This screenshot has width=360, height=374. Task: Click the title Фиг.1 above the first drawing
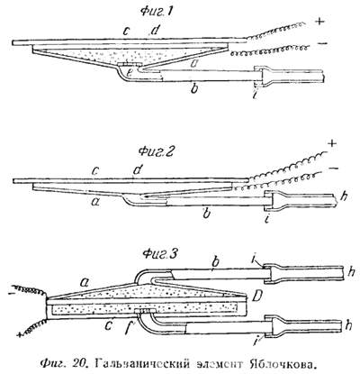tap(157, 13)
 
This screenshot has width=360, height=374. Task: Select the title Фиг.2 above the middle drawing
tap(156, 151)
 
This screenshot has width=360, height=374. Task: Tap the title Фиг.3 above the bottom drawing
tap(160, 254)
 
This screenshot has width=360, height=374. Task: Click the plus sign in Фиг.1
tap(320, 22)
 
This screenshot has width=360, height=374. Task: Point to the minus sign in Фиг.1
tap(321, 43)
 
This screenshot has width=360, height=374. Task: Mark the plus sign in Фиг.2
tap(331, 144)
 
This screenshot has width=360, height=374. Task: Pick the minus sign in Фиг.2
tap(333, 168)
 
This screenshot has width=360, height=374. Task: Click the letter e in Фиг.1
tap(130, 72)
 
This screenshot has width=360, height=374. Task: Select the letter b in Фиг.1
tap(194, 88)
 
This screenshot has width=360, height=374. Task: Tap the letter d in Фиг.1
tap(154, 31)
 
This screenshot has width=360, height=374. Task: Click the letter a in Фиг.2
tap(95, 203)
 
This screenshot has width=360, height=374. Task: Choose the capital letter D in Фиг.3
tap(256, 297)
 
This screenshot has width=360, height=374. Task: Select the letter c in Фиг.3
tap(109, 324)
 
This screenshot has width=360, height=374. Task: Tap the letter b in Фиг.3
tap(214, 262)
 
